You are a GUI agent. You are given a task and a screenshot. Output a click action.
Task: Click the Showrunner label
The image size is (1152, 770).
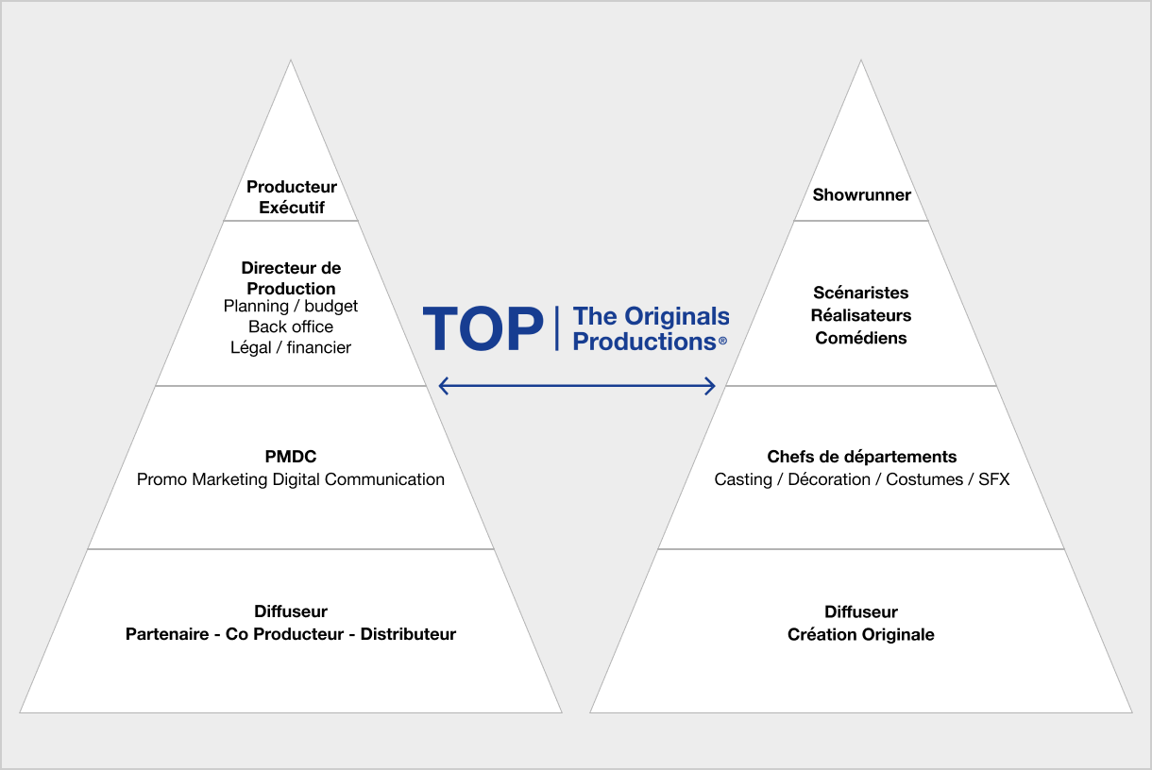(861, 194)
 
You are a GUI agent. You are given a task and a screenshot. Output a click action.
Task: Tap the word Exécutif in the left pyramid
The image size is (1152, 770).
(292, 208)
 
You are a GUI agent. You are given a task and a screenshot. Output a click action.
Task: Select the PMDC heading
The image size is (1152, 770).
(291, 457)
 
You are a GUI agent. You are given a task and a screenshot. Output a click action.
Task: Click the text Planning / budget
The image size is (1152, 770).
(291, 307)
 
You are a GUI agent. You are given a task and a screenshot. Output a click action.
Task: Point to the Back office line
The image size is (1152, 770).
(291, 326)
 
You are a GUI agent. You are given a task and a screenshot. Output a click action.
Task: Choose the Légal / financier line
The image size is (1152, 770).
(291, 348)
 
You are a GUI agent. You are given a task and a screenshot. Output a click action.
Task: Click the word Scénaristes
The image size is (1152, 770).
(861, 293)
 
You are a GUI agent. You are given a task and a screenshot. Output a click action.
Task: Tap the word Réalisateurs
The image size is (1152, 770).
(861, 315)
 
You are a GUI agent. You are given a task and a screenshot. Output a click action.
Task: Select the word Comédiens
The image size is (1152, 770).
(861, 338)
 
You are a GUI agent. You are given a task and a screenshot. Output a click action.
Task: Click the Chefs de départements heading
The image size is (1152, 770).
(862, 457)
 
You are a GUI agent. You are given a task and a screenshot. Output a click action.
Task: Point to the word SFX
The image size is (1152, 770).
(993, 479)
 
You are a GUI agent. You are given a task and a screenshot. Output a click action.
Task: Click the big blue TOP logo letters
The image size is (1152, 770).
(483, 328)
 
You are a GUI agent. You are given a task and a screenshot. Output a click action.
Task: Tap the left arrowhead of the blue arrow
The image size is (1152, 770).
(443, 386)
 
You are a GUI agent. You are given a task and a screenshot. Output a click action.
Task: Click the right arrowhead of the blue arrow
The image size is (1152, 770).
(710, 386)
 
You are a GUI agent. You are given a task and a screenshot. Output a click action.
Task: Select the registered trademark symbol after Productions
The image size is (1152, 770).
(722, 341)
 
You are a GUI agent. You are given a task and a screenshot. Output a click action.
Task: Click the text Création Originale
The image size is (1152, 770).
(861, 635)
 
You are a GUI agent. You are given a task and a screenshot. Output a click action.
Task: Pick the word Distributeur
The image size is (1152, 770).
(408, 634)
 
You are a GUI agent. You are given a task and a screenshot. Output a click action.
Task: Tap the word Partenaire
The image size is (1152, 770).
(167, 634)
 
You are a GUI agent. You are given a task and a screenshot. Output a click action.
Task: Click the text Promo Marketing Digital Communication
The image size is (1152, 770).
(291, 479)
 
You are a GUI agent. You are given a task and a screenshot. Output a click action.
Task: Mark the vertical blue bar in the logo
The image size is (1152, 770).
(557, 328)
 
